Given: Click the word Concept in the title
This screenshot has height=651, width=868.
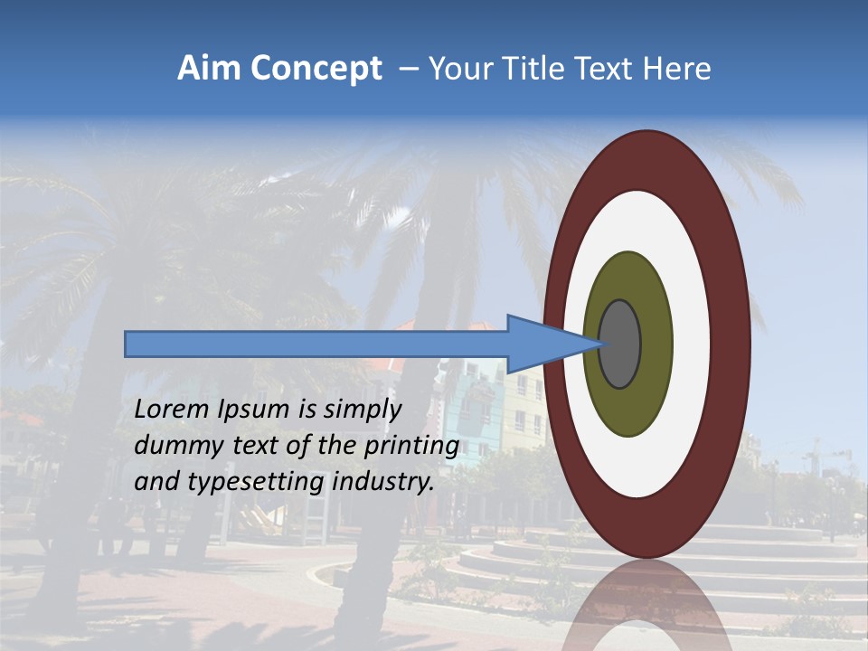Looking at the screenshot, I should (316, 69).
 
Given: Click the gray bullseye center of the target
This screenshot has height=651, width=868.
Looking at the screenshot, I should (620, 344).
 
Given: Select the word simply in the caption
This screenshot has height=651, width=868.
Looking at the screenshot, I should (362, 410).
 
